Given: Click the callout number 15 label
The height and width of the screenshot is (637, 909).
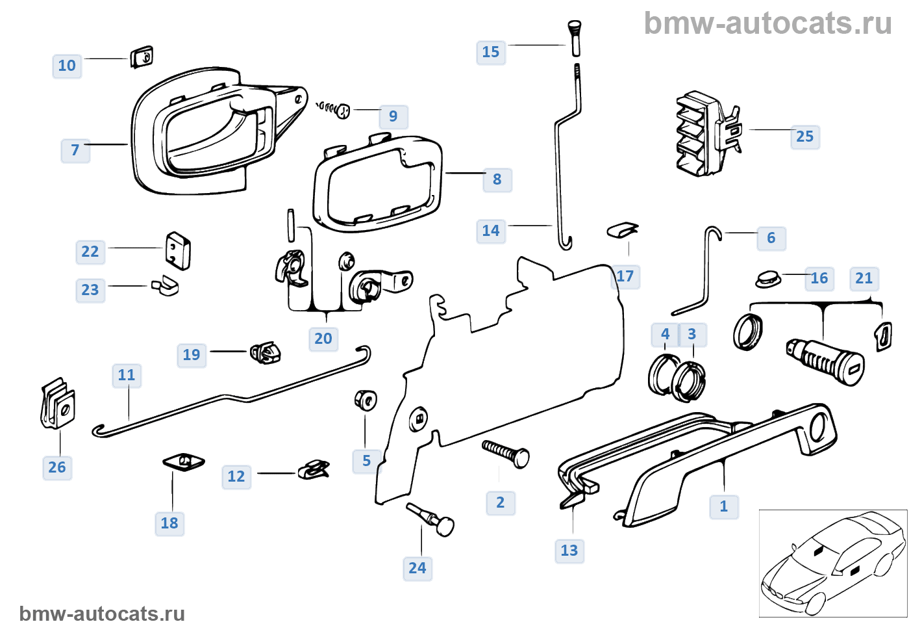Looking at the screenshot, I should [491, 52].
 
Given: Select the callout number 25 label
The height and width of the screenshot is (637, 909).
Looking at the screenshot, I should [804, 136].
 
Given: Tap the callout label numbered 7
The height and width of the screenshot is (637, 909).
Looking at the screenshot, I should [75, 150].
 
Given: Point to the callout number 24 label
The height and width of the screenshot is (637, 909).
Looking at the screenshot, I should [417, 568].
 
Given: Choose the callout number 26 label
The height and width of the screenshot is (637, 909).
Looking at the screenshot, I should [57, 467].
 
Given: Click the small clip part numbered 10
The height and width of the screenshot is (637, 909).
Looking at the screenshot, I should [142, 57].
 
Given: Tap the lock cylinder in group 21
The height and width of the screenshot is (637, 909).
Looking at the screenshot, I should [825, 361].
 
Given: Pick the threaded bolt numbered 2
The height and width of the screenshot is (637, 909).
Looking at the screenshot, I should [506, 452].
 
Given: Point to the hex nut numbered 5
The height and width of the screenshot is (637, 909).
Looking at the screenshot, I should [366, 399].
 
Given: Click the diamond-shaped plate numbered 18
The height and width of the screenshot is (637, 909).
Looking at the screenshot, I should [184, 462].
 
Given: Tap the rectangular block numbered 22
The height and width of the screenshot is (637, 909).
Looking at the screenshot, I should [178, 251].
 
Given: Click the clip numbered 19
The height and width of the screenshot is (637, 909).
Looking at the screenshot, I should [266, 353].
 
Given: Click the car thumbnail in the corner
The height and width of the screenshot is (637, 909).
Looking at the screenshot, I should [833, 563].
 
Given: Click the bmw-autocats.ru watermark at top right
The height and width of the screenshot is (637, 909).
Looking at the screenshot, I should [767, 23].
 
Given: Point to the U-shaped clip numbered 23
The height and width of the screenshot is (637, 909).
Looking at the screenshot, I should [165, 285].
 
